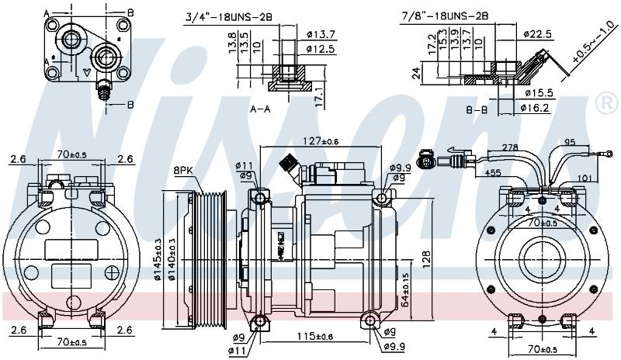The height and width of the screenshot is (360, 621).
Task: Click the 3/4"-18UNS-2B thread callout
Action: (228, 17)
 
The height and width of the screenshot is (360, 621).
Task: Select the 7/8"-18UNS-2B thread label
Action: (445, 16)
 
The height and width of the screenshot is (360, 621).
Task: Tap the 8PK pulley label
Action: (182, 171)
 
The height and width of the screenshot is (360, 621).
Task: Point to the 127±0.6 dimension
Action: (321, 141)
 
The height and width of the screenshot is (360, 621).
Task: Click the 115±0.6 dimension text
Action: (316, 337)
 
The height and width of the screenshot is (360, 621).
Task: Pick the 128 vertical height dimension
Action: (425, 259)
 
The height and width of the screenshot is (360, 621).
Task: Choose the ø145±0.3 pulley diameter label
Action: (158, 259)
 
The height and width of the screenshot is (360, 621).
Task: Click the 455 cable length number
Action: (493, 173)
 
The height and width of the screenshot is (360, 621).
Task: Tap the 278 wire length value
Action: (510, 147)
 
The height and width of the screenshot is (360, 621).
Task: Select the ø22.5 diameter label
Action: (537, 34)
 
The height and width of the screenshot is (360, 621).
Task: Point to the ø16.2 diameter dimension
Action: (536, 108)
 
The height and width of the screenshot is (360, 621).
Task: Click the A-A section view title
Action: (260, 109)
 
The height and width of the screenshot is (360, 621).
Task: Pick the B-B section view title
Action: (477, 109)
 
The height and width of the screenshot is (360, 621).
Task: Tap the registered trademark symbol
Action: (607, 102)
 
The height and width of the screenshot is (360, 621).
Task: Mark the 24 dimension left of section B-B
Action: (416, 73)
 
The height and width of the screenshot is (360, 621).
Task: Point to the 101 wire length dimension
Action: (585, 178)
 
